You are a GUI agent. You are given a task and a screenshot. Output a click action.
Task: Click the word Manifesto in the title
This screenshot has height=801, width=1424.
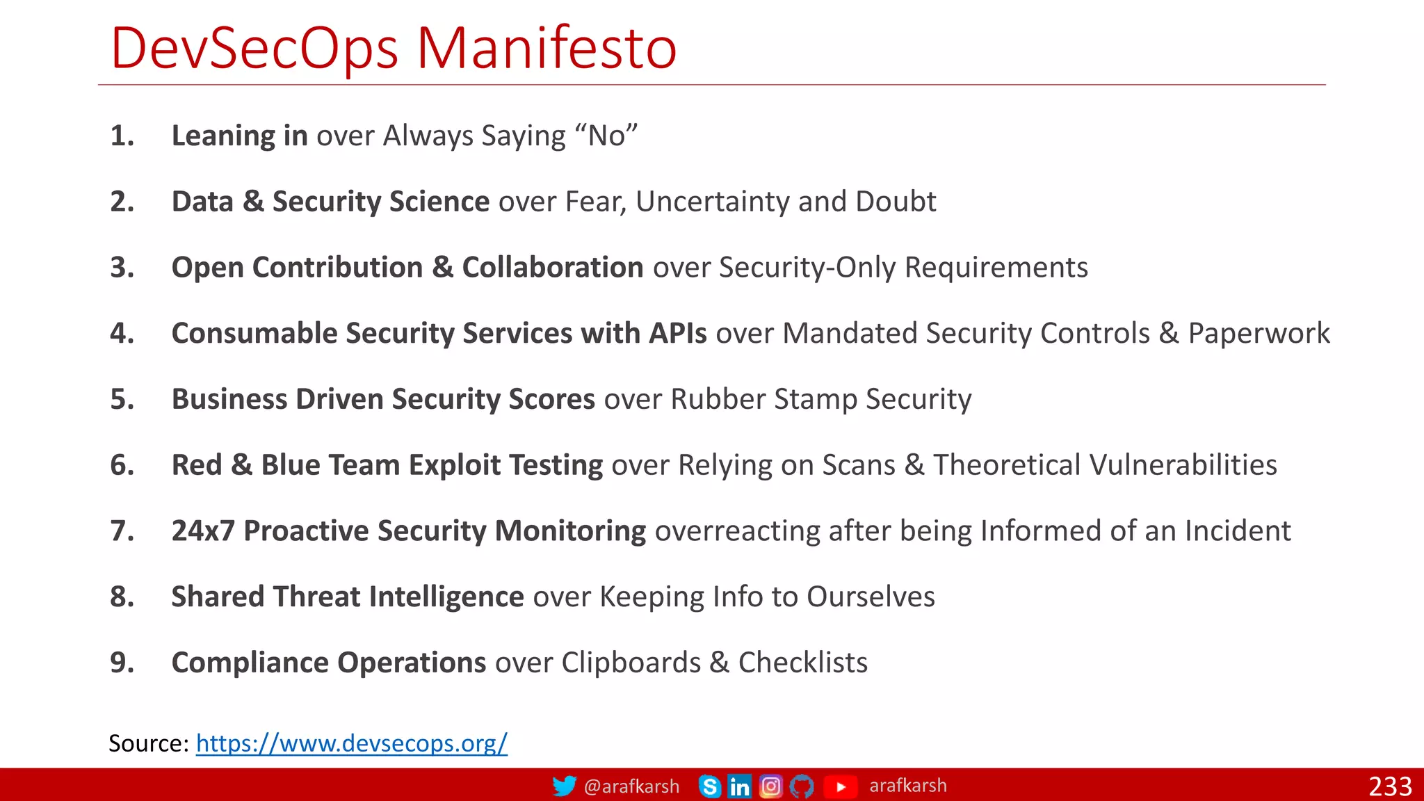click(547, 49)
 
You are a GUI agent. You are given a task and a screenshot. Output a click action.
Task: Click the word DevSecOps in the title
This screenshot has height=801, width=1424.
click(254, 49)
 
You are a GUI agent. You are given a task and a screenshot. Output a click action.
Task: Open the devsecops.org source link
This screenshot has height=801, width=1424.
click(352, 743)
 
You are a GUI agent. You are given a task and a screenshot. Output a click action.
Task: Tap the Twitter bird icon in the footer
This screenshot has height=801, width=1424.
click(564, 786)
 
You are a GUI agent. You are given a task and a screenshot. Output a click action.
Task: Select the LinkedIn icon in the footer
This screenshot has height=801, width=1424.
click(740, 786)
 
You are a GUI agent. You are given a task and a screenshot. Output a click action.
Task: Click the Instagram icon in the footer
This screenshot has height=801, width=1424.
click(770, 786)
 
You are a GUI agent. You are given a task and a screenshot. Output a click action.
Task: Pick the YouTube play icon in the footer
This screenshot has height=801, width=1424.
click(841, 786)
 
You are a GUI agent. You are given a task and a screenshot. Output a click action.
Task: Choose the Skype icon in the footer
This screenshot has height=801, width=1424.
click(710, 786)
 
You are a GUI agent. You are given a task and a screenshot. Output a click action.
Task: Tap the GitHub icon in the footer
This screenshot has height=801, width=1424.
click(802, 786)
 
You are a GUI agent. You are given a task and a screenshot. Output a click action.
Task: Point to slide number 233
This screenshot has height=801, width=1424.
click(1390, 786)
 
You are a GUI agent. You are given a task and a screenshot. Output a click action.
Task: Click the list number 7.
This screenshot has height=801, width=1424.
click(122, 531)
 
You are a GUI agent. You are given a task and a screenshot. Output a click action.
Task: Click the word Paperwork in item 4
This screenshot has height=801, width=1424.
click(1259, 333)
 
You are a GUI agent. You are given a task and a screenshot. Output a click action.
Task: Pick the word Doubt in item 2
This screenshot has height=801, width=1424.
click(896, 202)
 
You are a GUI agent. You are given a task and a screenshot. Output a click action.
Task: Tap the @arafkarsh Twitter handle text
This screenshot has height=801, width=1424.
click(631, 786)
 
